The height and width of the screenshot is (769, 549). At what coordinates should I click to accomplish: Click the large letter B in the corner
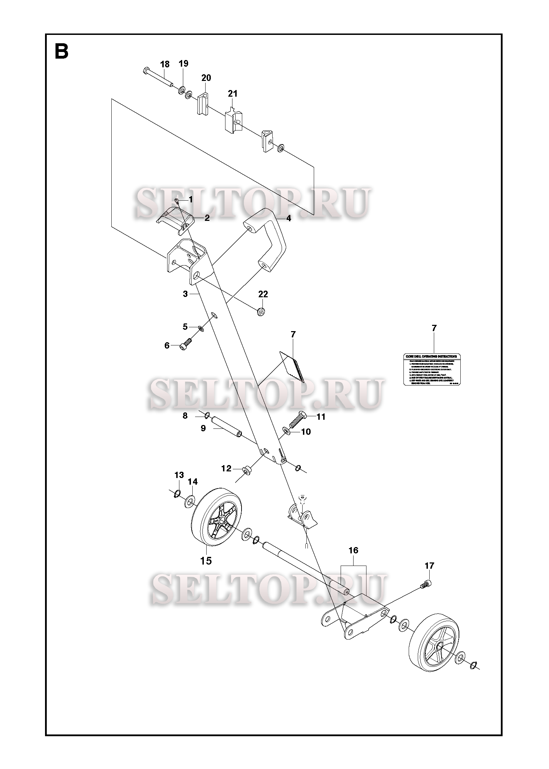pos(61,52)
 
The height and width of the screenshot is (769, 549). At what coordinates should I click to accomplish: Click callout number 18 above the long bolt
pos(165,64)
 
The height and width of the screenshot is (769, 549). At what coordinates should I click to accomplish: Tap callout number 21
pos(232,94)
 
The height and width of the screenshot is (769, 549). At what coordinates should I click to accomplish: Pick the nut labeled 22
pos(260,312)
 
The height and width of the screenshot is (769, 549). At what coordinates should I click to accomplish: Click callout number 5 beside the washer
pos(185,327)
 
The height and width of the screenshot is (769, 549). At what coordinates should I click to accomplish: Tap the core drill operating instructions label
pos(432,370)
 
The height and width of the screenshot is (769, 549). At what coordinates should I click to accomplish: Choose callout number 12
pos(226,468)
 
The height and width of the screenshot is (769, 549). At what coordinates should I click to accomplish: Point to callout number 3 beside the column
pos(185,294)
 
